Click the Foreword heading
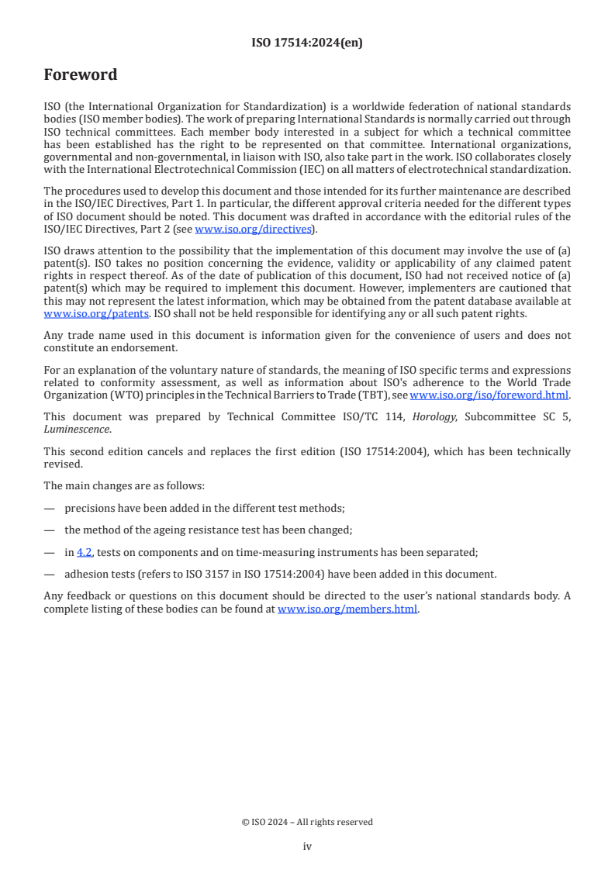(81, 75)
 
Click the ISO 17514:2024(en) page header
(307, 43)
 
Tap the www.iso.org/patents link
(74, 313)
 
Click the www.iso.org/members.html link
(347, 609)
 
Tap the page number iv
(307, 846)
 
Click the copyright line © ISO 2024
(307, 822)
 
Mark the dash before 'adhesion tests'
(50, 575)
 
